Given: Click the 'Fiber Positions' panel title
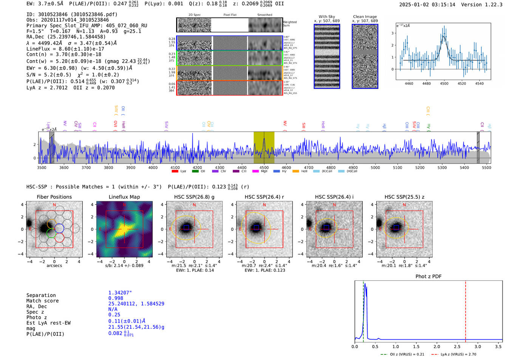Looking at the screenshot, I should (x=54, y=197).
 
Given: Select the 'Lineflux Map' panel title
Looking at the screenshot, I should (x=124, y=197).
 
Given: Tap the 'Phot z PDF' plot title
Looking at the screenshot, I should (x=428, y=276).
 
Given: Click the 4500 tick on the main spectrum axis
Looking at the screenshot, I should (x=264, y=167).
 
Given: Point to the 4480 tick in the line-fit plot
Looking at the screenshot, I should (x=426, y=83).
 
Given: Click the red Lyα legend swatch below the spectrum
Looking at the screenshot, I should (x=175, y=171).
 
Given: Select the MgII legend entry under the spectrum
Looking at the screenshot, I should (x=260, y=171).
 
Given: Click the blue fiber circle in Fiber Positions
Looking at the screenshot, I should (x=59, y=228).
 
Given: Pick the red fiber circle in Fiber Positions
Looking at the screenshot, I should (x=59, y=238).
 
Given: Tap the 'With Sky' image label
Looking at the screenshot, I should (x=326, y=17).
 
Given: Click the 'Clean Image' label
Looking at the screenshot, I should (x=365, y=17).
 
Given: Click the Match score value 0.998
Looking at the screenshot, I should (x=116, y=298).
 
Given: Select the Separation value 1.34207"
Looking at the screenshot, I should (x=120, y=293).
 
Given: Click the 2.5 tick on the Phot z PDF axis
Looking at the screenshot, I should (x=457, y=346).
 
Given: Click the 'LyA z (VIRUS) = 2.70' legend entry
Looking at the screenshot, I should (x=458, y=354).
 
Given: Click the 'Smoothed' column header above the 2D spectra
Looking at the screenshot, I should (x=264, y=15).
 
